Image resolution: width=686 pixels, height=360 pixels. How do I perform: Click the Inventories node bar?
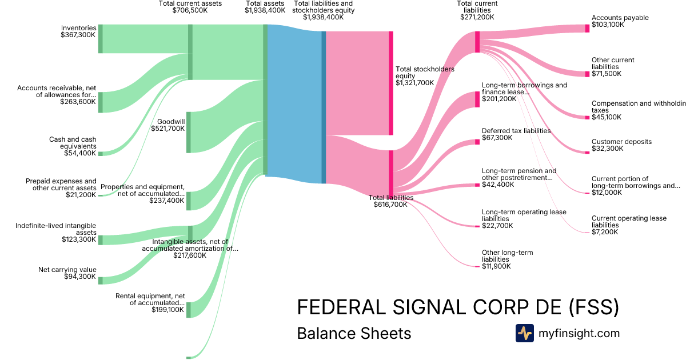coord(101,39)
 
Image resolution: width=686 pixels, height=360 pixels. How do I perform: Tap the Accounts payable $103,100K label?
coord(620,21)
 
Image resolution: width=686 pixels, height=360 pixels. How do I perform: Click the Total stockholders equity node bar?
coord(391,83)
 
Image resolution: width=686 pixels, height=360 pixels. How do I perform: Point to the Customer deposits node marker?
coord(587,152)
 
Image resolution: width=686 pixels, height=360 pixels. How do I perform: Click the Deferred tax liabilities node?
coord(477,141)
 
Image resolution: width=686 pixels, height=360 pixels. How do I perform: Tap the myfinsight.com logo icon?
coord(524,333)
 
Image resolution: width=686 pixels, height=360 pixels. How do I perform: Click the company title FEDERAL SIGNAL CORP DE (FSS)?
coord(458,307)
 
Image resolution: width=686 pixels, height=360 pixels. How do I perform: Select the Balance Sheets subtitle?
coord(354,333)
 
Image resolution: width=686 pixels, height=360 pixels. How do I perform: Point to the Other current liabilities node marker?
coord(587,74)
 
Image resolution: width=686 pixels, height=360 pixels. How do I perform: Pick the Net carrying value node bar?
coord(101,280)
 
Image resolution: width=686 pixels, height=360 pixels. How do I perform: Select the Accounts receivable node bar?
coord(101,102)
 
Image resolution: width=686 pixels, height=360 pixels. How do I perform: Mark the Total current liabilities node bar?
coord(477,42)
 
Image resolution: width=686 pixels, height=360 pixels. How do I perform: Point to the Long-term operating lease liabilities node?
coord(477,227)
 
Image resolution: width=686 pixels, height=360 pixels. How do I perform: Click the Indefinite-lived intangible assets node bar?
coord(101,239)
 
